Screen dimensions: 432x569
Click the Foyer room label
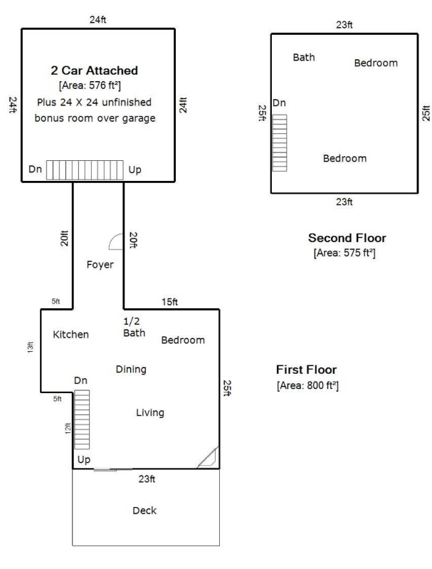click(x=100, y=264)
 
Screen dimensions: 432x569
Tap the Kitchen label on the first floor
click(x=70, y=334)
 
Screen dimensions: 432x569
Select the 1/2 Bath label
click(x=135, y=327)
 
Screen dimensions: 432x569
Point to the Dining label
click(x=131, y=370)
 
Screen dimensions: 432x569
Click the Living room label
click(x=150, y=412)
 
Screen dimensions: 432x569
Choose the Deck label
click(x=144, y=511)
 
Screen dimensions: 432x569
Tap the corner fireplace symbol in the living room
click(x=208, y=457)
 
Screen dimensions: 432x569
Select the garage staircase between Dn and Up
click(x=85, y=170)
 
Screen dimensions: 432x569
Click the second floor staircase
click(x=280, y=143)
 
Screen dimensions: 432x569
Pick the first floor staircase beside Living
click(x=82, y=420)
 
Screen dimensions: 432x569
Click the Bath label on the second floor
click(x=304, y=58)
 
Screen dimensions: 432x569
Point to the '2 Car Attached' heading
click(x=95, y=71)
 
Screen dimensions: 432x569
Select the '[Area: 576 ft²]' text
click(x=90, y=85)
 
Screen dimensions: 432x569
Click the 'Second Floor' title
click(x=347, y=238)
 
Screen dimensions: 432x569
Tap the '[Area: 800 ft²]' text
click(x=307, y=385)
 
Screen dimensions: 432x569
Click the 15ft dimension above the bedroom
click(x=170, y=302)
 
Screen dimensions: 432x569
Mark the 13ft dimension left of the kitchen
click(x=31, y=348)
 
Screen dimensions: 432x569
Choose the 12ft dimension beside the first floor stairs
click(x=68, y=429)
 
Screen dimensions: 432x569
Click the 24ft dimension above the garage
click(x=98, y=20)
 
